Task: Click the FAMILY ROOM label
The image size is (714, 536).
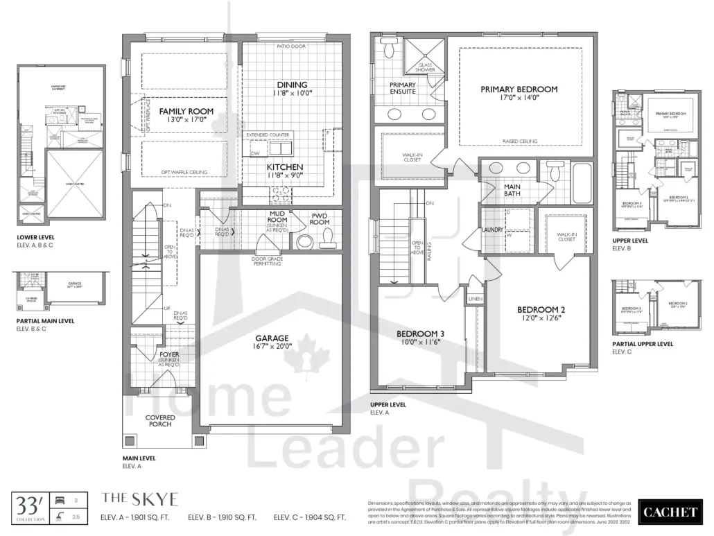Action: (186, 111)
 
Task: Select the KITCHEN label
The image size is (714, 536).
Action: (286, 167)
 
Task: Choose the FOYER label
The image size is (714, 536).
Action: (169, 354)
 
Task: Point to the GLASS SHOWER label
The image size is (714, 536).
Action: (425, 67)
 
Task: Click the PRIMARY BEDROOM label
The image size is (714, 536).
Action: (519, 89)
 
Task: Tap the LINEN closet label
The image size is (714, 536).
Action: (475, 299)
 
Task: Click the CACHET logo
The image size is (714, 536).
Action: (670, 512)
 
